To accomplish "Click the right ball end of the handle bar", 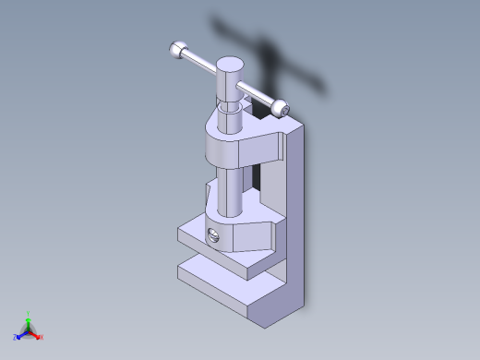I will coord(282,109).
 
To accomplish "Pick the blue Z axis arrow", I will coord(21,334).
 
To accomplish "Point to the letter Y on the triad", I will coord(29,313).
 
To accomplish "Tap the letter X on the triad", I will coord(42,337).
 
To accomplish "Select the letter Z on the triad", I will coord(15,337).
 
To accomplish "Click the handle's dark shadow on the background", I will coord(268,46).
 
